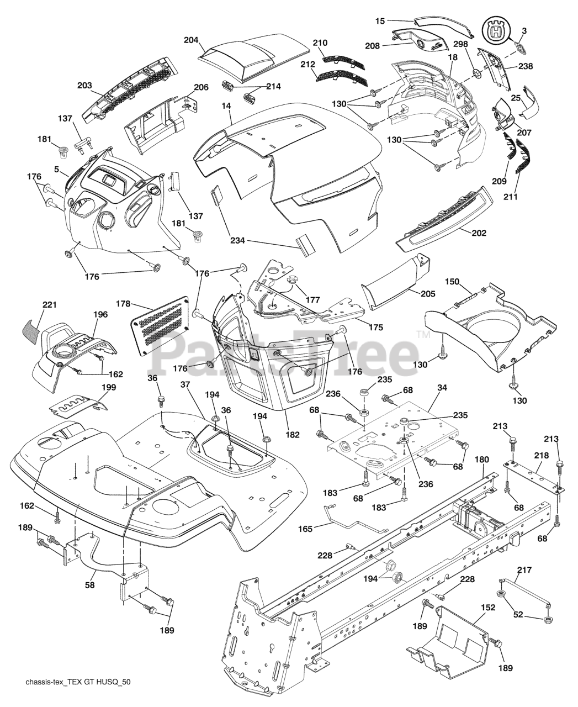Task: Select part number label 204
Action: coord(191,40)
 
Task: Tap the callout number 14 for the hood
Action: coord(226,106)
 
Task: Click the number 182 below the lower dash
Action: coord(293,435)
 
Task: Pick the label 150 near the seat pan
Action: coord(452,282)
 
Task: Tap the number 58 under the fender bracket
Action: coord(90,585)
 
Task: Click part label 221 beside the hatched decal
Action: coord(50,305)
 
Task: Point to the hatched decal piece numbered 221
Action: coord(32,330)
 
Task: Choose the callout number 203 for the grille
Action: coord(84,86)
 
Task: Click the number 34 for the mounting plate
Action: coord(442,388)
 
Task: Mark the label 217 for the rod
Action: coord(524,569)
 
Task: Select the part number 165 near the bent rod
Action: coord(305,529)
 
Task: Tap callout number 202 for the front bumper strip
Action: coord(479,233)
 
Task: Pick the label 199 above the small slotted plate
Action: coord(109,387)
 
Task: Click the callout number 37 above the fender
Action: coord(185,384)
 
